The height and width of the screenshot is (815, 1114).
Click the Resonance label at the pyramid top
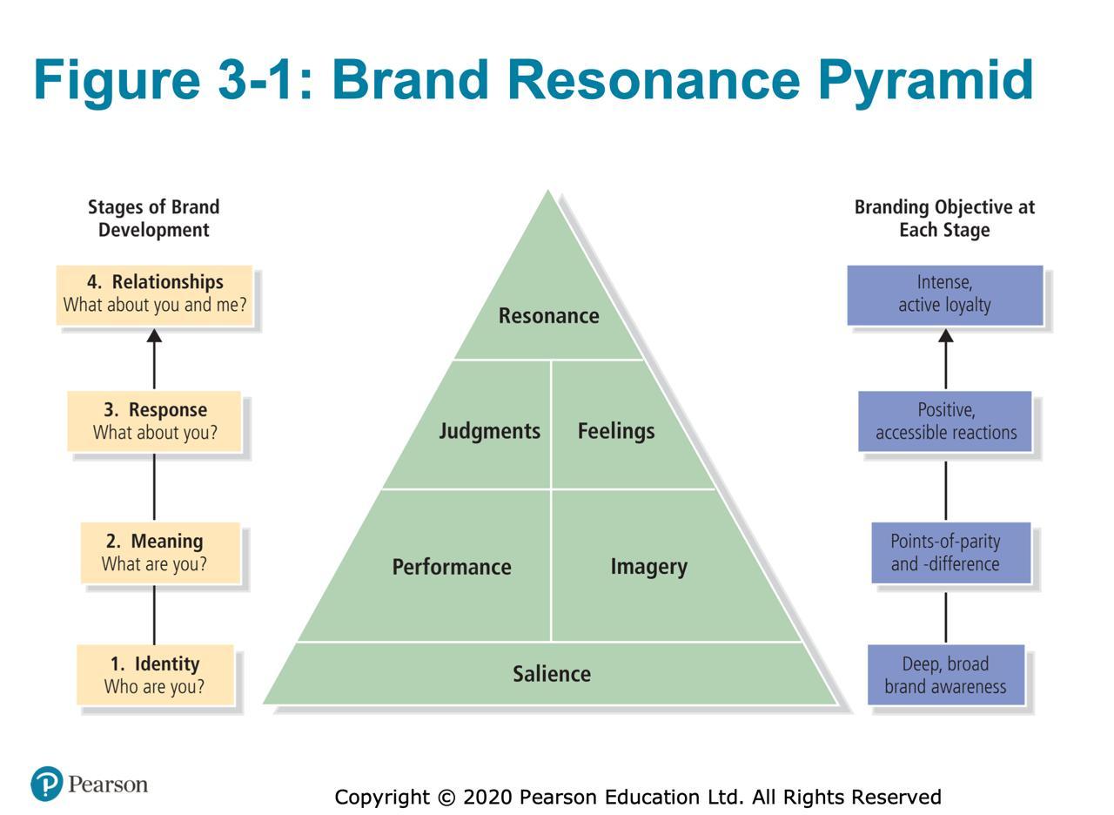pos(548,315)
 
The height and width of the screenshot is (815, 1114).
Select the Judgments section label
pos(489,431)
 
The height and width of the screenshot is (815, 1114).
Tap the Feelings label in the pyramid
pos(616,431)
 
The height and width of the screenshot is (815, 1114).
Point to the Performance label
pos(452,567)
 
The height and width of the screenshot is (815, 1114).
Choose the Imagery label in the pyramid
pos(649,567)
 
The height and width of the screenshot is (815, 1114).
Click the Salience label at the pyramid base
pos(552,674)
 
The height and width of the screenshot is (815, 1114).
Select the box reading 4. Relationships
pos(154,295)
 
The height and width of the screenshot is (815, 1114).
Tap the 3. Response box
pos(154,421)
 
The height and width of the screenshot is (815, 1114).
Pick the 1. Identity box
pos(155,675)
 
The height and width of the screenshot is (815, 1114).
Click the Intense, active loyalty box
pos(945,295)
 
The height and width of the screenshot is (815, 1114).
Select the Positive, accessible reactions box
pos(945,421)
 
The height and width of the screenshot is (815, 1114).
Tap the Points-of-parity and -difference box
pos(951,552)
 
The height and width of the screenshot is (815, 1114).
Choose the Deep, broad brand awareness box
pos(946,675)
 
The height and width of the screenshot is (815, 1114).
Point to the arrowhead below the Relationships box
pos(154,335)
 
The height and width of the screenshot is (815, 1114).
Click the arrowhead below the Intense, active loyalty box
pos(946,335)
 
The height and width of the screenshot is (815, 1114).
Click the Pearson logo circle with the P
pos(47,784)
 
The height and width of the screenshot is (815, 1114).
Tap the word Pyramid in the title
pos(926,81)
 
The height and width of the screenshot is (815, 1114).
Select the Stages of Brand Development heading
pos(154,219)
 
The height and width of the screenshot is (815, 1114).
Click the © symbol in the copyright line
pos(446,797)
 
